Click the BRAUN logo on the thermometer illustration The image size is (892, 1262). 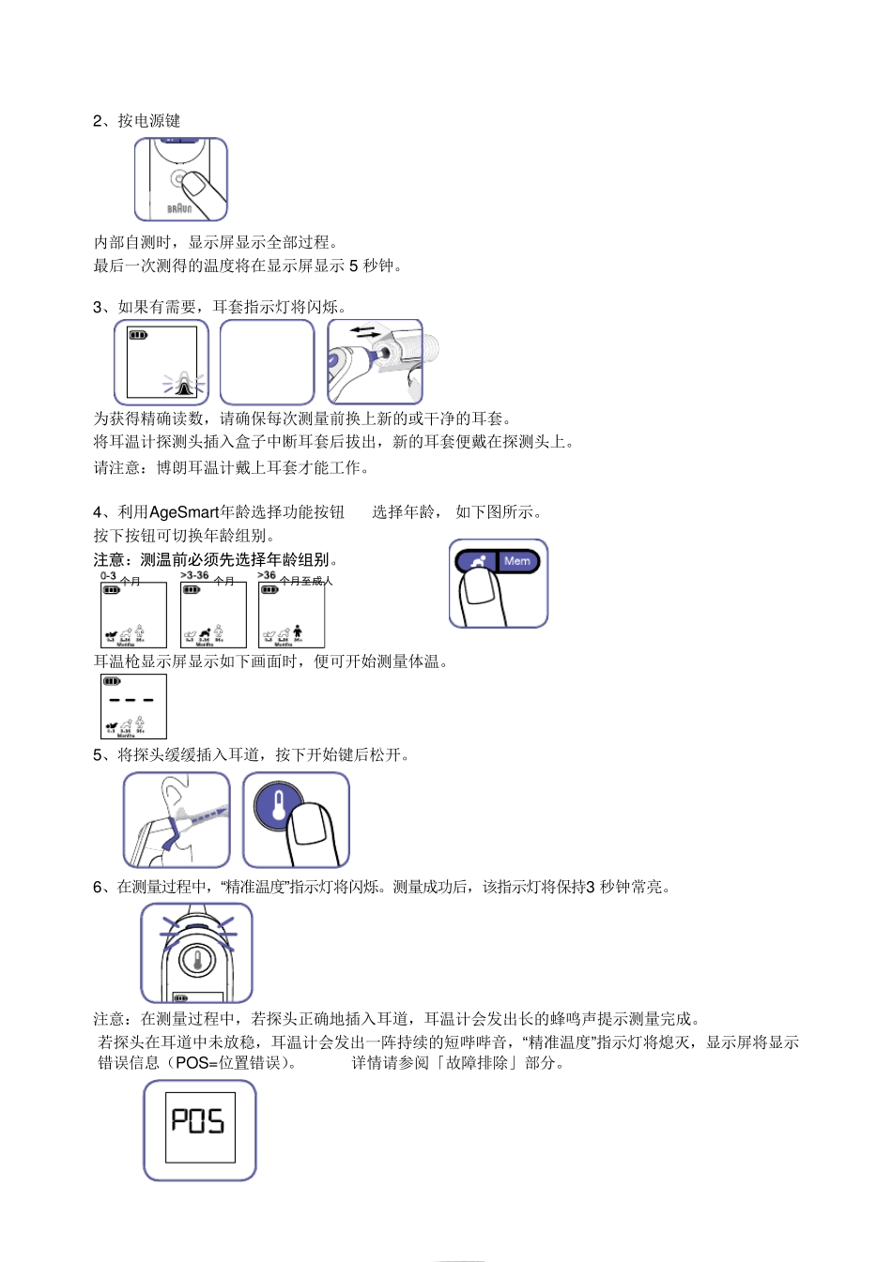click(179, 208)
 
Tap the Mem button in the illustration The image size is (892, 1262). click(517, 561)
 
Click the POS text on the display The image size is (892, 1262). click(198, 1121)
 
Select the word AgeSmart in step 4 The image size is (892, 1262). click(184, 512)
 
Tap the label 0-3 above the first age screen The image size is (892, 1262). click(109, 576)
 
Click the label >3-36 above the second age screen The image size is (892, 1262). click(194, 576)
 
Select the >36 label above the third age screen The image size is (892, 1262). click(267, 576)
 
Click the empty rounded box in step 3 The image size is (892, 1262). click(267, 362)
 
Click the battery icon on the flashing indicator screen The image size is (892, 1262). click(138, 335)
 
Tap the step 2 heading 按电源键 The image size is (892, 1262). click(148, 121)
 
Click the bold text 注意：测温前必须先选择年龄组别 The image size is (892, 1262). click(210, 560)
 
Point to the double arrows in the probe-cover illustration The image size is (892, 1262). click(365, 332)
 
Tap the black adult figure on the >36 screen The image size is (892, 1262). click(298, 631)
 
